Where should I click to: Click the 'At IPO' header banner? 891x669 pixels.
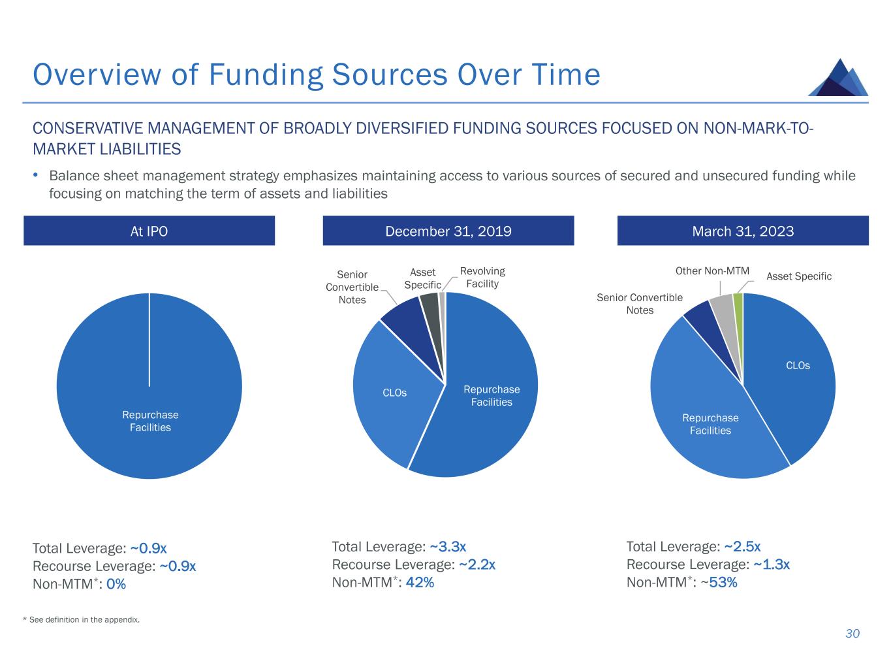(149, 231)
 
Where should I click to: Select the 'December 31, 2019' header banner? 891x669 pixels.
(448, 231)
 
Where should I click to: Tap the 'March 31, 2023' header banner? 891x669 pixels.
(743, 231)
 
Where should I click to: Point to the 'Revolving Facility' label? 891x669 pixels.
(482, 277)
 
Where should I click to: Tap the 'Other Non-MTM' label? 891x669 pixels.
(712, 271)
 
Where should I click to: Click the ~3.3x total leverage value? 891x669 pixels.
(448, 547)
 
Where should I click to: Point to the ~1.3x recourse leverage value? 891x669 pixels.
(772, 564)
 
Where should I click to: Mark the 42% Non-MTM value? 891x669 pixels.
(420, 582)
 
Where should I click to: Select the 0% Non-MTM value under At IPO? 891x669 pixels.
(116, 584)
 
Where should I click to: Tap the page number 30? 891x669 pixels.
(852, 634)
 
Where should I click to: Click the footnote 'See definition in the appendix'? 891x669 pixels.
(84, 619)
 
